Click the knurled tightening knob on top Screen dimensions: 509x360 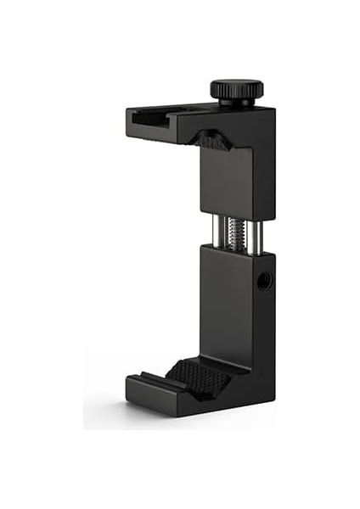(x=236, y=89)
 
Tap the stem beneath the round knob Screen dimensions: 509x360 (x=236, y=103)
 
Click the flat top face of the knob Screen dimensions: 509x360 (x=236, y=83)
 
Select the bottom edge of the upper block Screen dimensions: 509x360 (x=225, y=212)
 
